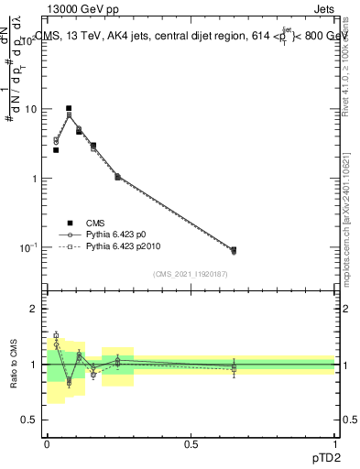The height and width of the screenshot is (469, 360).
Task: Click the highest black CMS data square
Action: coord(69,108)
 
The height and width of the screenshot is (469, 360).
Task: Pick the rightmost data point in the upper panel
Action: coord(234,250)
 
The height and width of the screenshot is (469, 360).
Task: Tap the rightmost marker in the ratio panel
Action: coord(234,367)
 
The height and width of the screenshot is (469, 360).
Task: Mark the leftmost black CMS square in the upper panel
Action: coord(56,149)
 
